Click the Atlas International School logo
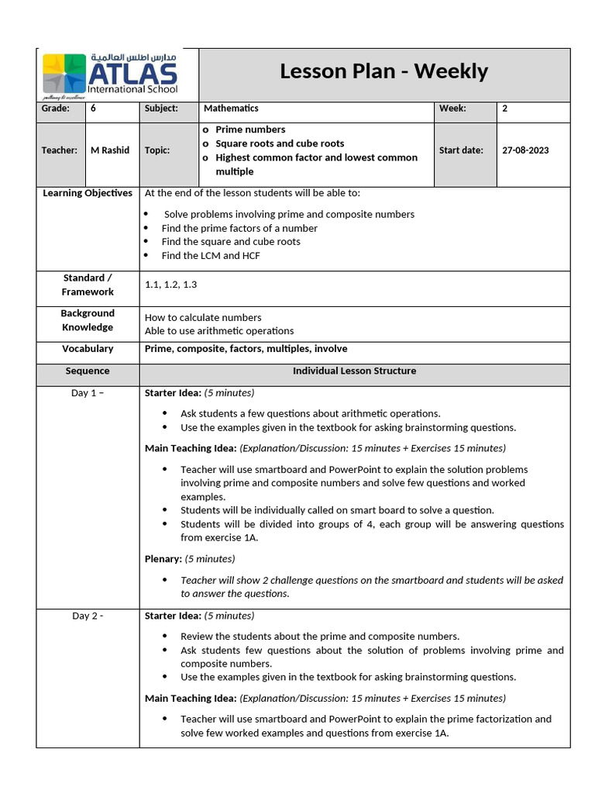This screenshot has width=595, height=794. click(x=110, y=74)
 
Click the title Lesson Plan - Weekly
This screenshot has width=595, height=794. click(x=383, y=71)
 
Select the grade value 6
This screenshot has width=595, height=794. click(x=94, y=109)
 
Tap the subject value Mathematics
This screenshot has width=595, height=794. click(x=231, y=109)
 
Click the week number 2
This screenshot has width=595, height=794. click(x=505, y=109)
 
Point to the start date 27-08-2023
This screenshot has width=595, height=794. click(x=525, y=150)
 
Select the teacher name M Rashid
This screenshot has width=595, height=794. click(x=110, y=150)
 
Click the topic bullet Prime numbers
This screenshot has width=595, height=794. click(x=250, y=129)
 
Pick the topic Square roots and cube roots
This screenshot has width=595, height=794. click(x=280, y=143)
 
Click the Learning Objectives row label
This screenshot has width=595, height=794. click(x=87, y=193)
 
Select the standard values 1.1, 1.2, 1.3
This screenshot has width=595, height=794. click(x=171, y=285)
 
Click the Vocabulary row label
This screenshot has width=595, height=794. click(x=88, y=349)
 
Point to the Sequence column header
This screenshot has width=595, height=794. click(x=88, y=371)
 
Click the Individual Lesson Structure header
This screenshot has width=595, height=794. click(x=354, y=371)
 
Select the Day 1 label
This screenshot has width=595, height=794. click(x=87, y=393)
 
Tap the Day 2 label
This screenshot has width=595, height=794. click(x=87, y=616)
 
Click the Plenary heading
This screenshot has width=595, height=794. click(x=163, y=558)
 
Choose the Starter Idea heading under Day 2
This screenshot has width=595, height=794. click(x=173, y=616)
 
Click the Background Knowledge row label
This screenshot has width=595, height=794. click(x=88, y=320)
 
